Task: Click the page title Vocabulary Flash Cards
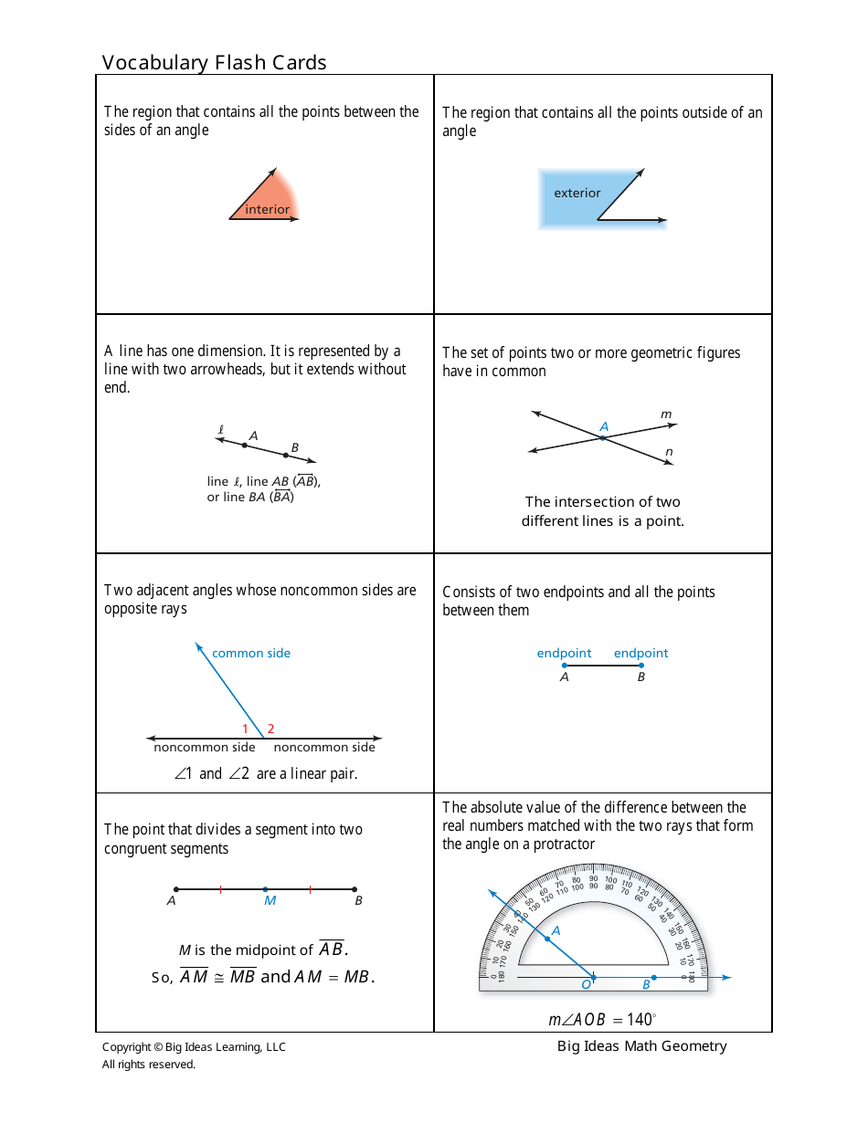(214, 62)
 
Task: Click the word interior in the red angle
(267, 209)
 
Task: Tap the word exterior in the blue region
(577, 193)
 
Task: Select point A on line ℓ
(245, 446)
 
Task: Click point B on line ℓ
(286, 455)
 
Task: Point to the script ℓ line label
(221, 429)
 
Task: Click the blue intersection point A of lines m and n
(602, 437)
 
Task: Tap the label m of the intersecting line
(666, 415)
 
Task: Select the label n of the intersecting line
(670, 451)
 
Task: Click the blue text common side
(251, 653)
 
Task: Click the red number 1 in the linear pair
(245, 729)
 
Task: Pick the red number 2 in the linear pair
(271, 729)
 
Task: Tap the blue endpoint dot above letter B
(641, 666)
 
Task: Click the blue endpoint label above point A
(564, 653)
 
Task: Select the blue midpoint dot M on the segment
(265, 888)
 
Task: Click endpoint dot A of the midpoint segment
(176, 888)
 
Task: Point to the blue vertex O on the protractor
(593, 977)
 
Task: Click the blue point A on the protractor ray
(548, 938)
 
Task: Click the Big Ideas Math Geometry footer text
(641, 1046)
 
